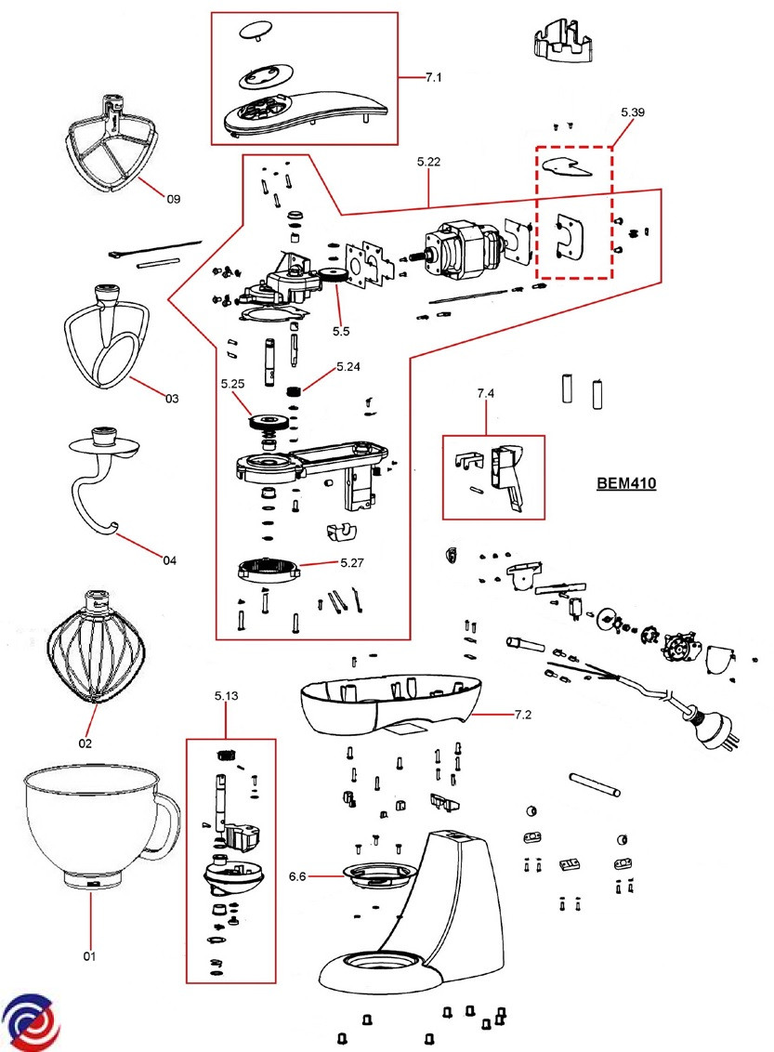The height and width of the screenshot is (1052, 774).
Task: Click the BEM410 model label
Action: coord(625,484)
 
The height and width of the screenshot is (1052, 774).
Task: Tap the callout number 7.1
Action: coord(433,77)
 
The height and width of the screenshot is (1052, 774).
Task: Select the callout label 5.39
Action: coord(633,112)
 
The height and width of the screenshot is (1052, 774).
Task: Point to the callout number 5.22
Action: coord(428,162)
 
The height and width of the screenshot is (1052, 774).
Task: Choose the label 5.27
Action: coord(352,562)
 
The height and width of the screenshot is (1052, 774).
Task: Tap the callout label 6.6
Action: coord(297,875)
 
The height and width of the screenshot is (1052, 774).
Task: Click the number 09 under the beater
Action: coord(173,199)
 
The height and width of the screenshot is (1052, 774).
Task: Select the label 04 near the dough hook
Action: coord(169,560)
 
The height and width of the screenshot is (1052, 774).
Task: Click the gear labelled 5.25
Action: coord(269,421)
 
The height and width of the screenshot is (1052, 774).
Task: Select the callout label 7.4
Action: coord(485,394)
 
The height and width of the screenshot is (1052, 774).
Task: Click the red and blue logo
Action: coord(31,1022)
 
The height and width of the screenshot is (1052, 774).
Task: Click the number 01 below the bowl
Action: coord(90,955)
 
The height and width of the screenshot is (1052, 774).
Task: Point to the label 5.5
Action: coord(341,329)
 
